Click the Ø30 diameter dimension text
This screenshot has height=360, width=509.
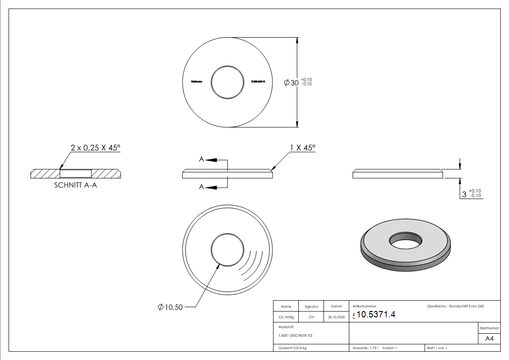click(291, 83)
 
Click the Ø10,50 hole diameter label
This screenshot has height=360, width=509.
click(171, 307)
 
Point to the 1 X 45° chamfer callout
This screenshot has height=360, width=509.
click(302, 148)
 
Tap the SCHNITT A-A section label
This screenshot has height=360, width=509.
click(75, 185)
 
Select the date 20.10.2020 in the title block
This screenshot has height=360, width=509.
click(336, 317)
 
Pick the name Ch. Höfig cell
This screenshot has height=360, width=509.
click(286, 317)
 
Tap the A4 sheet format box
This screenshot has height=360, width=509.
click(489, 339)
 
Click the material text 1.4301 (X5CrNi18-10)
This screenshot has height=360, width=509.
click(296, 336)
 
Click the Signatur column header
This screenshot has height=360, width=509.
click(311, 306)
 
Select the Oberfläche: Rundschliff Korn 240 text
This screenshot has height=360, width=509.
click(455, 306)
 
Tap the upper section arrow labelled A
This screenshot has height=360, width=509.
click(213, 160)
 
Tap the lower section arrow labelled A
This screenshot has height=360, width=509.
click(213, 186)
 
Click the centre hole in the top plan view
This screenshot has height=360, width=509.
click(228, 82)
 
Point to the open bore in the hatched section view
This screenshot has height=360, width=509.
click(75, 173)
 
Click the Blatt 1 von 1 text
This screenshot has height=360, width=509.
click(437, 348)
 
